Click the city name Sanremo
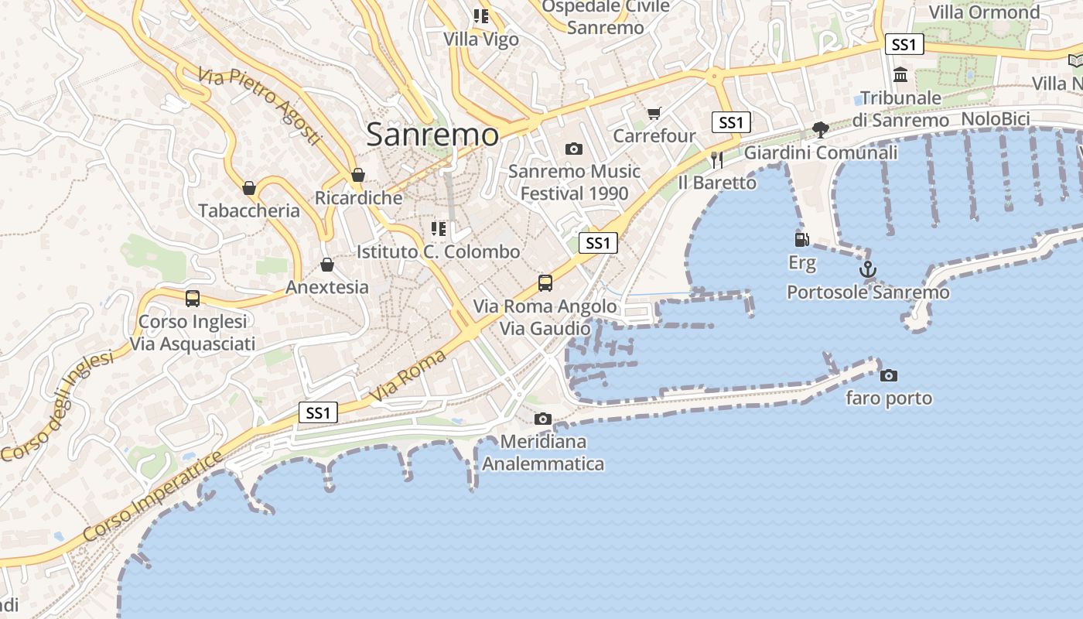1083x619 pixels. coord(432,135)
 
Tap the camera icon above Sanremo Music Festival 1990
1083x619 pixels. coord(573,149)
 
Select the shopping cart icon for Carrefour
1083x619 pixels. coord(654,114)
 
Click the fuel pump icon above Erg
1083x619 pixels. coord(802,241)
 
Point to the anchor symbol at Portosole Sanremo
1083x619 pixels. coord(868,270)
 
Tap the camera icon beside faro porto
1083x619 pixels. coord(889,375)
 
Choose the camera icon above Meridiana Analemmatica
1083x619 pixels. coord(543,419)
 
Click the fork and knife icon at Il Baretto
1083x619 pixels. coord(716,159)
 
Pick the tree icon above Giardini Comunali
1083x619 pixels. coord(821,129)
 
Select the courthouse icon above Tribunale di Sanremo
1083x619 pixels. coord(900,75)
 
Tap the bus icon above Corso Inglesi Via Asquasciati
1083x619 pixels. coord(193,298)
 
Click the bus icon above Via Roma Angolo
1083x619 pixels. coord(545,283)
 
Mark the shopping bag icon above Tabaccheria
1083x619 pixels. coord(249,187)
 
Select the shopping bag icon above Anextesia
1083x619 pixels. coord(327,265)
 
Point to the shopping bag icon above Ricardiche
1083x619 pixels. coord(357,175)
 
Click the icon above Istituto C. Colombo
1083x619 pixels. coord(439,229)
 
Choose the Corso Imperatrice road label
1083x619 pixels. coord(153,498)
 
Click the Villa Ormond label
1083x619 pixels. coord(984,12)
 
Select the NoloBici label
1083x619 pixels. coord(995,119)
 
